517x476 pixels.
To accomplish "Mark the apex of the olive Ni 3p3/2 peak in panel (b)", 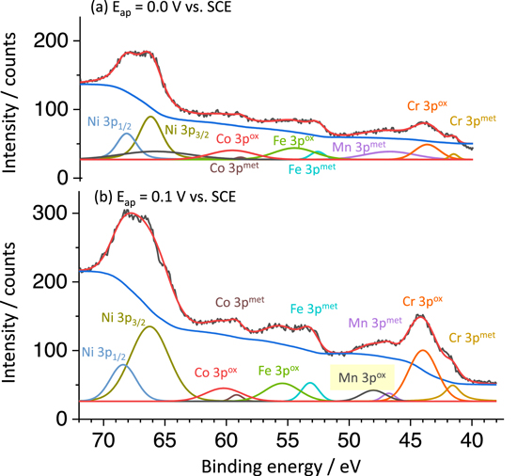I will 149,325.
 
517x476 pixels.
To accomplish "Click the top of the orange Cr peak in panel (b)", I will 422,350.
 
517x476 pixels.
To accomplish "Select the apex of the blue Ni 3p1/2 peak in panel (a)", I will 127,133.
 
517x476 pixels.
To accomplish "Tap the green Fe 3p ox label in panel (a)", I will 293,140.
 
